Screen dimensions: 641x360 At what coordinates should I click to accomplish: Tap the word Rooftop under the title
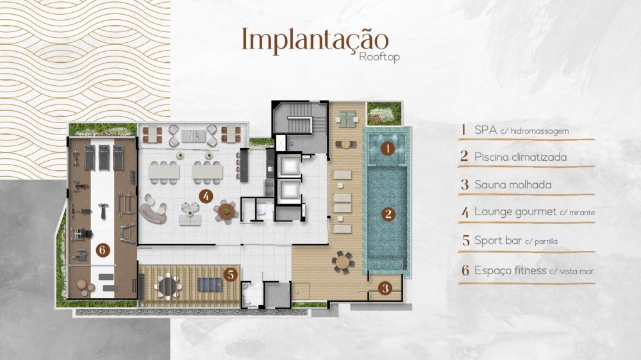(x=379, y=56)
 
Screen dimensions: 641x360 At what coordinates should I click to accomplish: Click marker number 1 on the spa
(x=388, y=149)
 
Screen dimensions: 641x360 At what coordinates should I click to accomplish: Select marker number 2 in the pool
(x=388, y=214)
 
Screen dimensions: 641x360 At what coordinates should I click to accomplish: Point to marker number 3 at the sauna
(x=385, y=288)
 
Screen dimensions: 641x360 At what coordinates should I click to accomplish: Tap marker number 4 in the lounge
(x=206, y=196)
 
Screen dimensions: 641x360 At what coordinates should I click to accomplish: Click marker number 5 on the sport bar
(x=231, y=275)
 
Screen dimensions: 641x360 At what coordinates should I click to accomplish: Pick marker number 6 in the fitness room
(x=103, y=250)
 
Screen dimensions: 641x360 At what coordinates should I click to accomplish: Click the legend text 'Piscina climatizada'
(x=520, y=157)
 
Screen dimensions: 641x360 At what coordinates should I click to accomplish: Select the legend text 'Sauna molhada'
(x=513, y=184)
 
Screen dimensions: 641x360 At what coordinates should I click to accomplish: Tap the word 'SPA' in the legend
(x=486, y=130)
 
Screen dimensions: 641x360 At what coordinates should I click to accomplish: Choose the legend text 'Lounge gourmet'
(x=515, y=212)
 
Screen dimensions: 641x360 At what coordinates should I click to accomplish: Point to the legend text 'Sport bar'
(x=498, y=240)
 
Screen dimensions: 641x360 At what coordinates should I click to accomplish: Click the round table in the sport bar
(x=169, y=286)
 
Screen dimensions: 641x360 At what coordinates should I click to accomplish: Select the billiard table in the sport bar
(x=210, y=284)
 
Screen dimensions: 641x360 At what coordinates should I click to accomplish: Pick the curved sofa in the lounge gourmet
(x=152, y=209)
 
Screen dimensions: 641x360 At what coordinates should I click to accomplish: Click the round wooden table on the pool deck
(x=342, y=262)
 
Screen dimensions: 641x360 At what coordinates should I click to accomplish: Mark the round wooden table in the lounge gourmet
(x=226, y=211)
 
